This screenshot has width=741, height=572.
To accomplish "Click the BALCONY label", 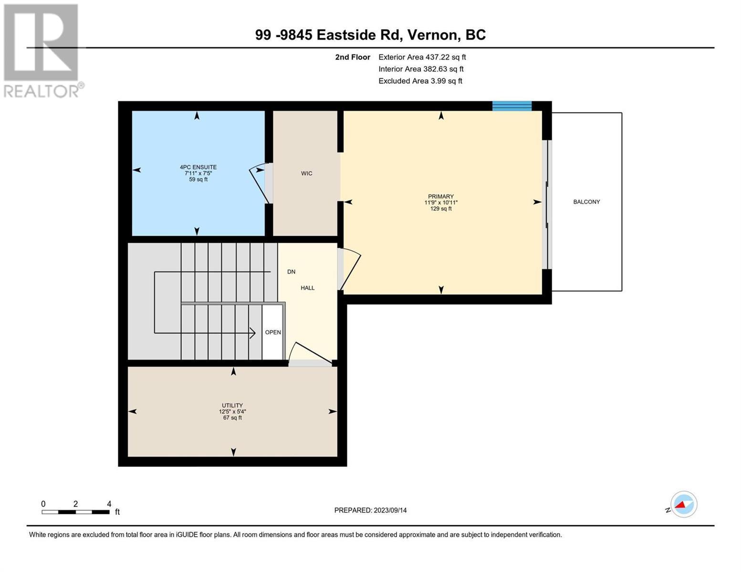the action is (x=586, y=202).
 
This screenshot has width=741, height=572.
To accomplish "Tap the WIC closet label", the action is (x=306, y=174).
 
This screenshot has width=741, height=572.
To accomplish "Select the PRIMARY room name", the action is (x=440, y=196).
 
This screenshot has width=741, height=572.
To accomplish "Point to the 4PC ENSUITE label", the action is (x=198, y=167).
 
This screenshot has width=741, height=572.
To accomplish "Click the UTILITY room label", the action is (x=232, y=406).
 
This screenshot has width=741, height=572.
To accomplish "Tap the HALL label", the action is (x=307, y=288).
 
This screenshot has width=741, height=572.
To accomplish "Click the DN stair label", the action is (x=291, y=272).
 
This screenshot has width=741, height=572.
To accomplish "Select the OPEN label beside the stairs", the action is (x=273, y=332).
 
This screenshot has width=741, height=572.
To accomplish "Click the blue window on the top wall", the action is (x=511, y=106).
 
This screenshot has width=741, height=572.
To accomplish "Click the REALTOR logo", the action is (x=43, y=51).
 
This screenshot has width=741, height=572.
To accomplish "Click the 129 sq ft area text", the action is (x=440, y=208).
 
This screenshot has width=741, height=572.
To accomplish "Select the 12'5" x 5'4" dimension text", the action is (x=232, y=411).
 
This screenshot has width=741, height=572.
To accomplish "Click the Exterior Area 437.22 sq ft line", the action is (x=422, y=57).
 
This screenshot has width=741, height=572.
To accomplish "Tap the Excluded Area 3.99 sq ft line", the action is (x=420, y=81).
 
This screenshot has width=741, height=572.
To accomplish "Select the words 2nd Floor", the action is (x=352, y=57).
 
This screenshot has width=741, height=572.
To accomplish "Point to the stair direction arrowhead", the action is (x=253, y=333).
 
